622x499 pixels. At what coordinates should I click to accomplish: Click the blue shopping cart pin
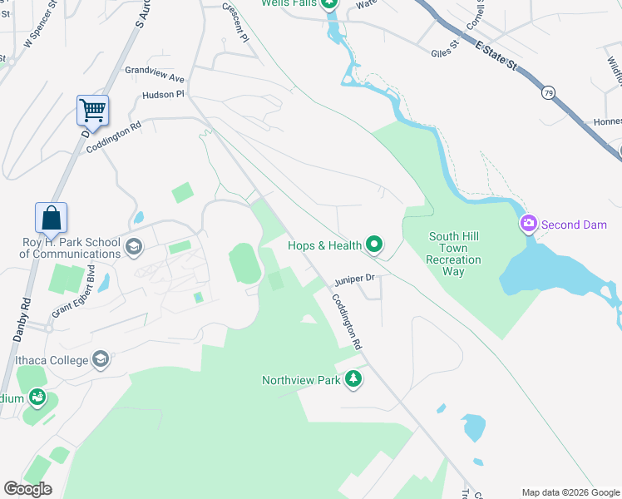tap(92, 110)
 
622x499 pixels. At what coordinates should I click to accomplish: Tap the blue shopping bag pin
tap(51, 217)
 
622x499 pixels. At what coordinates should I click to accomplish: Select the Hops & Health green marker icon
tap(374, 245)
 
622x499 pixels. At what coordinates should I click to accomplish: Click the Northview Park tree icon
tap(353, 380)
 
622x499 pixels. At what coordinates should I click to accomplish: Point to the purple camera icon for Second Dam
tap(528, 224)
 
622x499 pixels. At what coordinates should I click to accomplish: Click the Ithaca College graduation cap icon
tap(101, 360)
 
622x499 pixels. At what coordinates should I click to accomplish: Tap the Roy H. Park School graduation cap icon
tap(133, 246)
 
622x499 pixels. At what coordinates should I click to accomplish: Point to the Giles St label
tap(445, 51)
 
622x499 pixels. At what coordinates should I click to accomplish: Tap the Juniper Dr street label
tap(355, 279)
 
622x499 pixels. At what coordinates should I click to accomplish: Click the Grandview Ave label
tap(155, 74)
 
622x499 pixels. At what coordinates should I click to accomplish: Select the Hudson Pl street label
tap(163, 95)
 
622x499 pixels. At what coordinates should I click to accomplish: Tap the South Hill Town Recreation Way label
tap(454, 248)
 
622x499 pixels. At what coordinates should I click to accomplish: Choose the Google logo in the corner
tap(27, 489)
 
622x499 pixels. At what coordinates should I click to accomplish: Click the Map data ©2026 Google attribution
tap(570, 492)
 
